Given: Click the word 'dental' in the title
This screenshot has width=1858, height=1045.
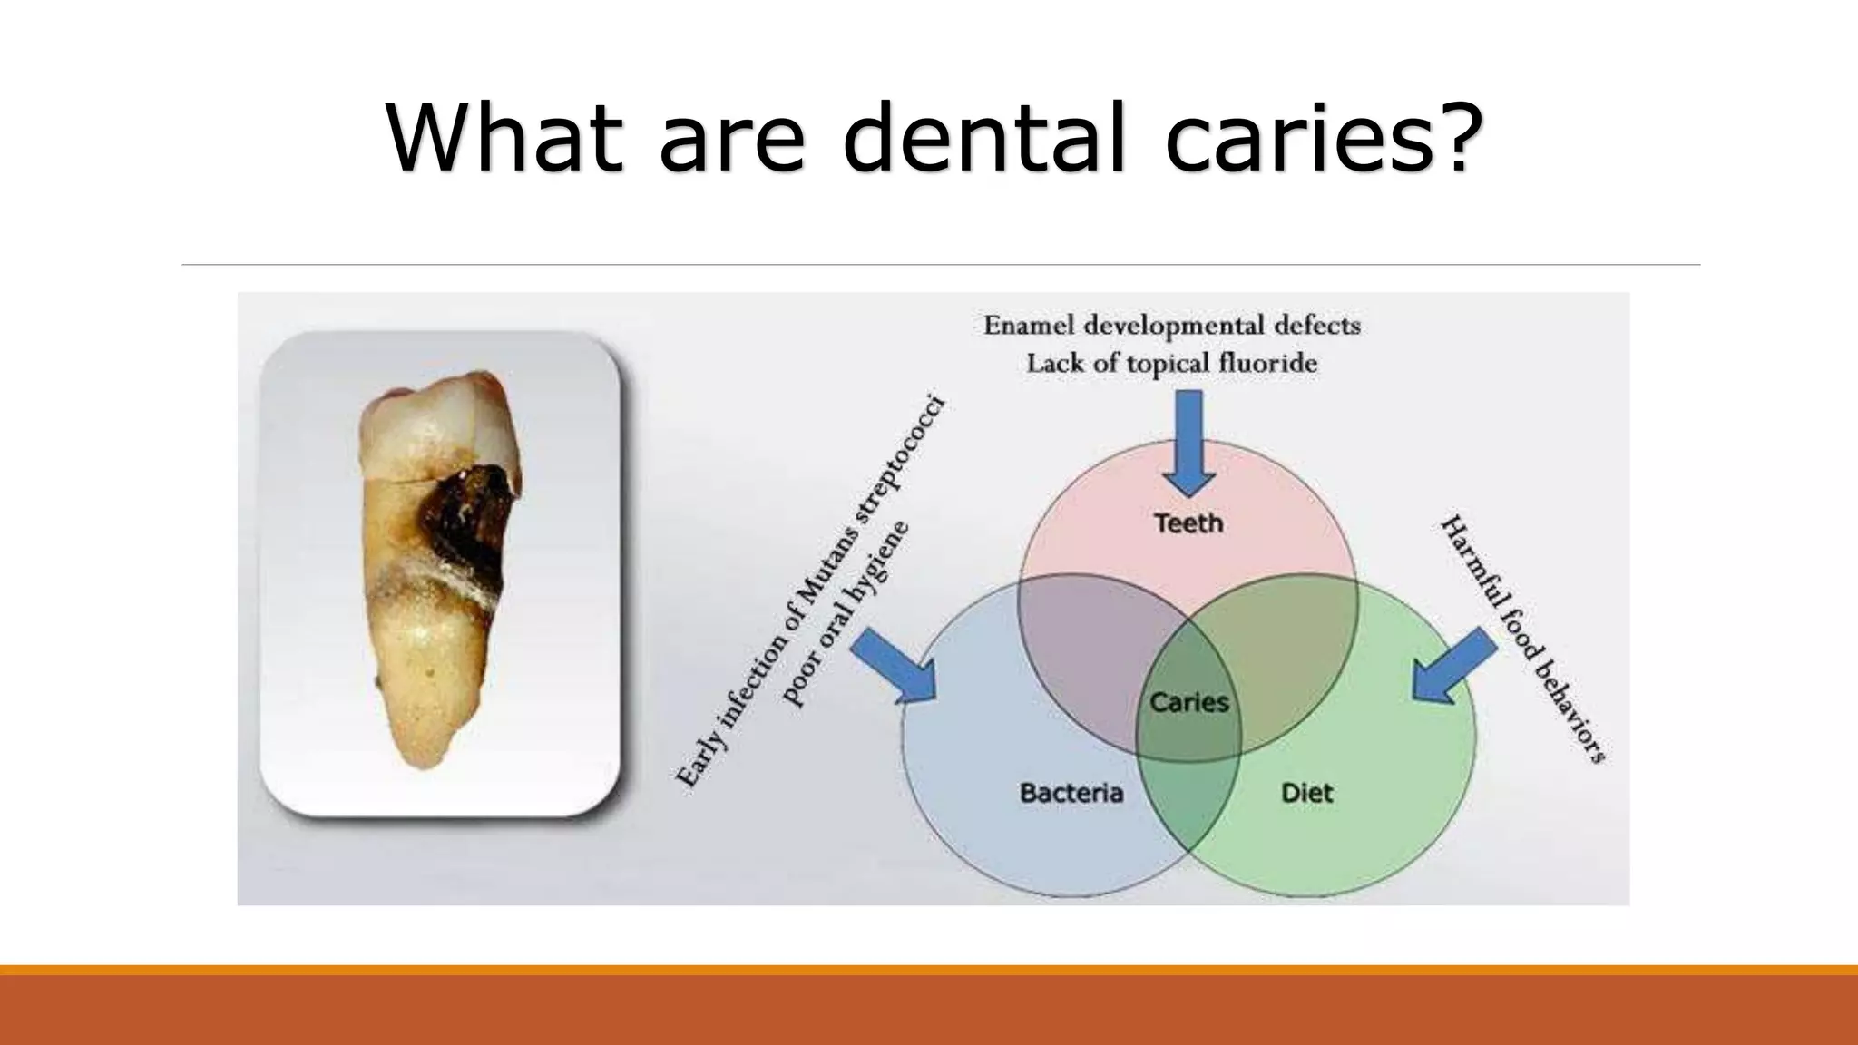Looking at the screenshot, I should [984, 137].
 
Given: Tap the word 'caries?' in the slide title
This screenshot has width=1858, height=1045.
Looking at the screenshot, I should [1325, 137].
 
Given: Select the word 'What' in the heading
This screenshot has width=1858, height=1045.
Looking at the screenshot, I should [504, 137].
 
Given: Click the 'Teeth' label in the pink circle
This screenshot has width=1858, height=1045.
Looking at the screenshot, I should [1188, 523].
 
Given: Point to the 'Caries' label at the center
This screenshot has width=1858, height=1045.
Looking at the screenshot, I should [1188, 702].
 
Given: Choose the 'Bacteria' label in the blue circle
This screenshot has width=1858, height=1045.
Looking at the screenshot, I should [1071, 793].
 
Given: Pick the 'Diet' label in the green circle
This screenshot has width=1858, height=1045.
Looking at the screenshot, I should [1306, 793].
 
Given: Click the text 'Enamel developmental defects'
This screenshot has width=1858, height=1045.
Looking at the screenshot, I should [1171, 325].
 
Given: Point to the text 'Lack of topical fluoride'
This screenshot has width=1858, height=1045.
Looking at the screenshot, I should [1171, 364].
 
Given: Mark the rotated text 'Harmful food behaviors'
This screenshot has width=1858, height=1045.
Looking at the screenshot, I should [1523, 639].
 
